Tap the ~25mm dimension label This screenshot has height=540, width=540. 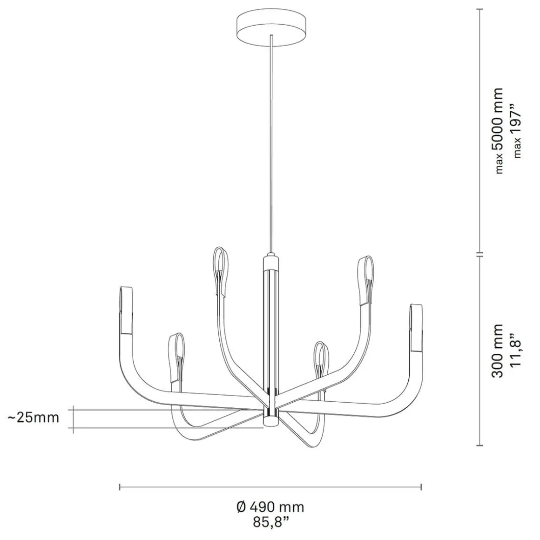pyautogui.click(x=34, y=418)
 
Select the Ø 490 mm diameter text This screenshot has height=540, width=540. pyautogui.click(x=270, y=507)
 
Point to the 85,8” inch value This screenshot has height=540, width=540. pyautogui.click(x=270, y=522)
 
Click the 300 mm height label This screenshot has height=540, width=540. pyautogui.click(x=498, y=351)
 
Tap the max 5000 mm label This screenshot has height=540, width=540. pyautogui.click(x=498, y=130)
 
